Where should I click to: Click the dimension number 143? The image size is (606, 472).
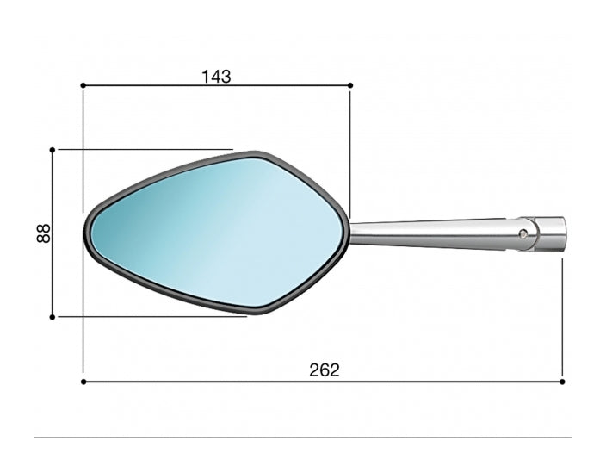(x=216, y=77)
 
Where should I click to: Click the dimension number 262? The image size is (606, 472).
(x=325, y=370)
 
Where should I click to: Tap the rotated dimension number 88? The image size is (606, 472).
(x=43, y=233)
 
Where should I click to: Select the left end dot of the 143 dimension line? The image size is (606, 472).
(x=83, y=85)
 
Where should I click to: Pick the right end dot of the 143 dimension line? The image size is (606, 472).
(x=350, y=85)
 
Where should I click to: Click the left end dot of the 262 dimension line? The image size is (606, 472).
(x=83, y=382)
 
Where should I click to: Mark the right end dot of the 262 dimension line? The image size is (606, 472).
(x=562, y=382)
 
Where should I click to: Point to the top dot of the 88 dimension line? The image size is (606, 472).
(x=53, y=150)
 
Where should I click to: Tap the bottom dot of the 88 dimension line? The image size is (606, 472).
(x=53, y=317)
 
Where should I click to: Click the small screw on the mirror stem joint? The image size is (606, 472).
(x=523, y=233)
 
